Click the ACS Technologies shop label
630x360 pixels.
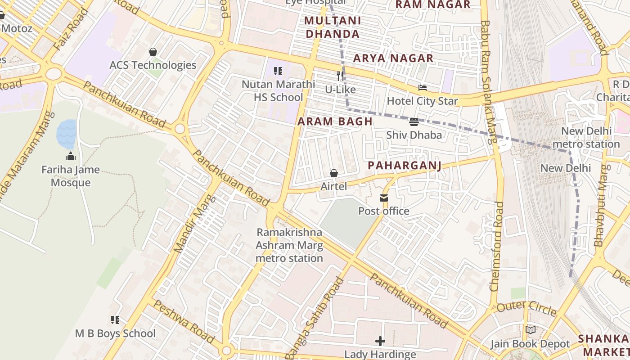click(x=153, y=65)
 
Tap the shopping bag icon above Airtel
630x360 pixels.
click(x=334, y=173)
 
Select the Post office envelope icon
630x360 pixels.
click(x=384, y=198)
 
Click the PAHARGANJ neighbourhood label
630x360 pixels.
click(x=404, y=166)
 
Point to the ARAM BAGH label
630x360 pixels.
click(x=335, y=121)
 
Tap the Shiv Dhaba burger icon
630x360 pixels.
click(x=414, y=122)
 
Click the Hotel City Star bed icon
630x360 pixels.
click(x=422, y=88)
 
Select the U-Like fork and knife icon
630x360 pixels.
click(x=340, y=76)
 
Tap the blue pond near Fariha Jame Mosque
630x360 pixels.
click(x=66, y=134)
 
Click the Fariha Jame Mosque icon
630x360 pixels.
click(x=71, y=157)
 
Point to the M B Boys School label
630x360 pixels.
click(x=115, y=333)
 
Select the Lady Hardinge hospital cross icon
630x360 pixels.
click(x=380, y=341)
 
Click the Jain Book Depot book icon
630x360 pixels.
click(x=531, y=330)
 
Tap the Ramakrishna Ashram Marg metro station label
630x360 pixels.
click(x=289, y=245)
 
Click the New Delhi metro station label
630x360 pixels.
click(x=586, y=138)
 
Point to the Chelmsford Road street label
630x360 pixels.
click(x=498, y=247)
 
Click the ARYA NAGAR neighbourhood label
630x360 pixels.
click(x=393, y=58)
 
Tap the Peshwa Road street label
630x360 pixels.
click(x=184, y=321)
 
